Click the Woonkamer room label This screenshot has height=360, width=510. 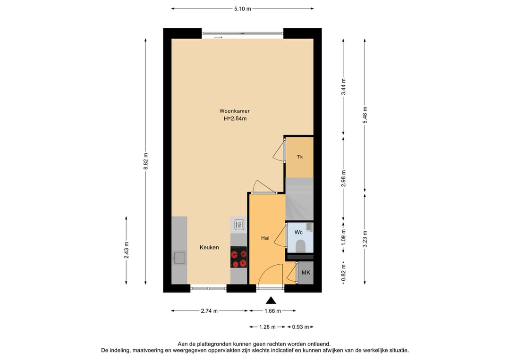pos(234,111)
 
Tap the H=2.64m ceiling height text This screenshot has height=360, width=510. pos(235,118)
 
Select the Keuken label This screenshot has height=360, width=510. pos(209,247)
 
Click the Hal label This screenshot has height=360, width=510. pos(265,238)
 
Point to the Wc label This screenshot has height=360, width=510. pos(298,232)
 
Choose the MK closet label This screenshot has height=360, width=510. pos(306,273)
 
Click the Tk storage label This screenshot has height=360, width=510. pos(299,157)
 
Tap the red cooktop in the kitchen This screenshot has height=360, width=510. pos(238,257)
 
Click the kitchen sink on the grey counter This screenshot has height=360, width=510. pos(179,258)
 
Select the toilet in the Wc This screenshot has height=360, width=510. pos(300,246)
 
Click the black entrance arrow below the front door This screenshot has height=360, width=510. pos(271,300)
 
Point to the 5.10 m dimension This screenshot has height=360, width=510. pos(243,9)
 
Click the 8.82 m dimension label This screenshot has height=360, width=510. pos(146,161)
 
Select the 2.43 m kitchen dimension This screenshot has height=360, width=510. pos(127,251)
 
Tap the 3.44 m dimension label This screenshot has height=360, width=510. pos(343,87)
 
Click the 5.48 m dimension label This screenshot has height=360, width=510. pos(365,115)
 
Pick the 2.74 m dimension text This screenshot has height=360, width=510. pos(209,311)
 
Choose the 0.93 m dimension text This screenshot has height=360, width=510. pos(300,327)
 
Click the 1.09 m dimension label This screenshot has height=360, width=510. pos(343,237)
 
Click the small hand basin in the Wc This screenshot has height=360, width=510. pos(309,226)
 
